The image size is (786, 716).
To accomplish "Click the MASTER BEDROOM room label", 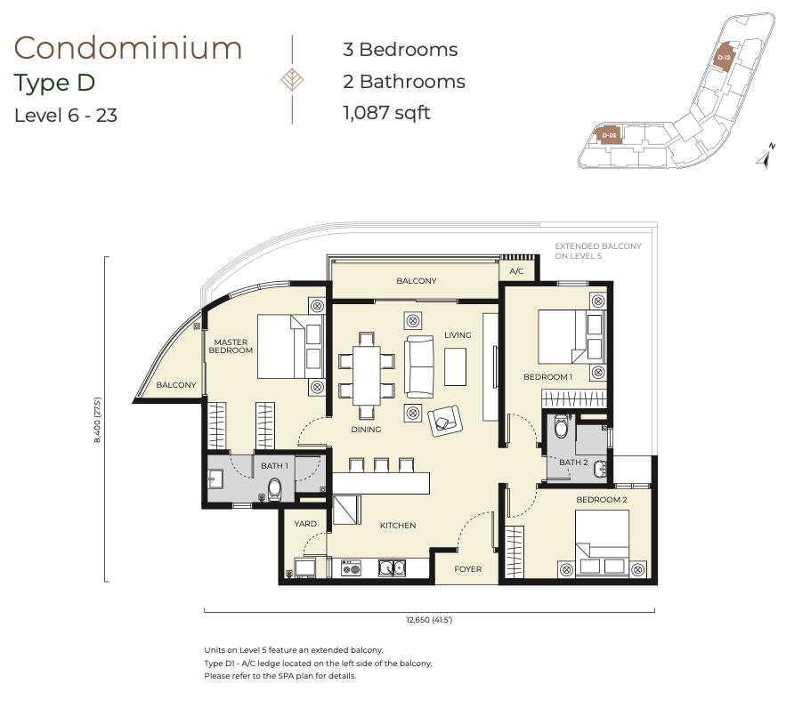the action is click(231, 346).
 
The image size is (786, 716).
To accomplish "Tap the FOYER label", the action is click(467, 569).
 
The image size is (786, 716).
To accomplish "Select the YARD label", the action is click(305, 524).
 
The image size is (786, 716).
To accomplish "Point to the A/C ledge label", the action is click(516, 271).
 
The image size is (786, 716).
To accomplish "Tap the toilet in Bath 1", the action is click(275, 489).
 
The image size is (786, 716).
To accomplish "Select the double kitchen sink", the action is click(392, 567).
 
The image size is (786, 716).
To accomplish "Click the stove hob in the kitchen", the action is click(351, 568).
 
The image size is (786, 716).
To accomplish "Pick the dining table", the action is click(367, 375).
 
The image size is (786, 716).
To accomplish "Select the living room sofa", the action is click(419, 366).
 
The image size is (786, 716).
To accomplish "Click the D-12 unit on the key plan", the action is click(724, 57).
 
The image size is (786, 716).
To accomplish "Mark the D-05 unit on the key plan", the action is click(609, 135).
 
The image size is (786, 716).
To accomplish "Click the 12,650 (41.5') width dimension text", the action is click(429, 620).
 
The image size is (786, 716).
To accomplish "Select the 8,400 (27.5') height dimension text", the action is click(97, 420).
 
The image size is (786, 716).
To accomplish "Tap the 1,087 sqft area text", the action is click(386, 113).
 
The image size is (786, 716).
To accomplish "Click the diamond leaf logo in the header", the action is click(292, 80).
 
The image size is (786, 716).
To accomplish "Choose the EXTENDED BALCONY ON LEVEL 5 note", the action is click(598, 251).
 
